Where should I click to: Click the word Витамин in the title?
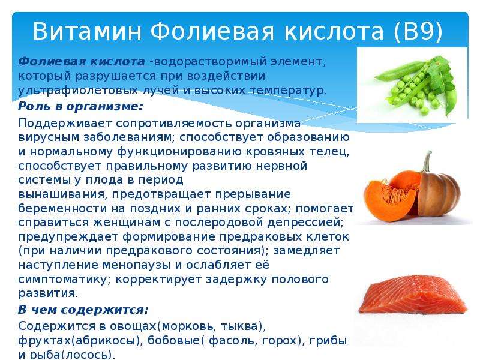[x=87, y=31]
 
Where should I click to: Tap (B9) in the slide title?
[x=418, y=31]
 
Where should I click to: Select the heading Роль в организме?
[x=80, y=107]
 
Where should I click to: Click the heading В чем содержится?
[x=83, y=310]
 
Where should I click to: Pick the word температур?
[x=289, y=91]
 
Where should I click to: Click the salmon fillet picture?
[x=413, y=295]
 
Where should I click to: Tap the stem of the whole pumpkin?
[x=427, y=163]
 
